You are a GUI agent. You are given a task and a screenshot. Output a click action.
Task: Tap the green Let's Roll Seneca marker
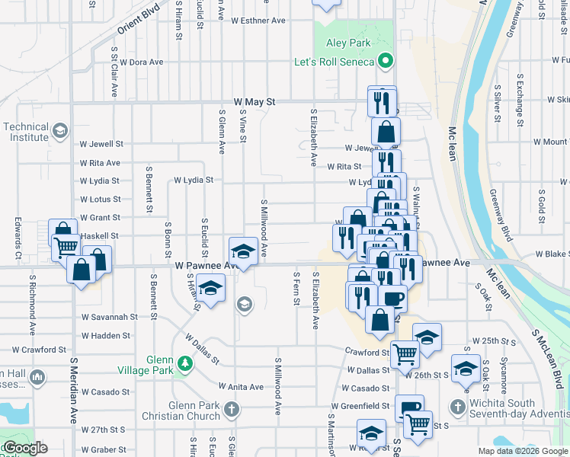386,61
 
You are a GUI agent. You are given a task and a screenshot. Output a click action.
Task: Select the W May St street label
254,101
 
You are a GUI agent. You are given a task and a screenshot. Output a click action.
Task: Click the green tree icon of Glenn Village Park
184,364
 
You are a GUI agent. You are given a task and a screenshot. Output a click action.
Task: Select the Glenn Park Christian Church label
186,411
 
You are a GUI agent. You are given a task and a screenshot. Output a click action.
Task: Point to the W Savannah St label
110,316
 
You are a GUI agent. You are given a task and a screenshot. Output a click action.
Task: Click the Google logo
24,448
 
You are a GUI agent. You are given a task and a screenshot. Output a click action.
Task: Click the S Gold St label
541,206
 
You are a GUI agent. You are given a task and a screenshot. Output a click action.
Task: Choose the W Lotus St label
101,200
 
